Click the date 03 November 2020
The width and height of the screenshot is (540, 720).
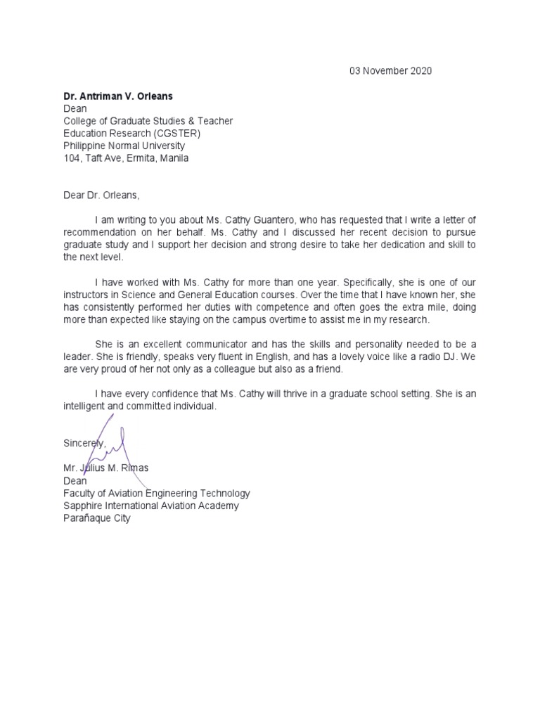[x=391, y=71]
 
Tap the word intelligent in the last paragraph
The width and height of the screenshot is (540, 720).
[x=86, y=406]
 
